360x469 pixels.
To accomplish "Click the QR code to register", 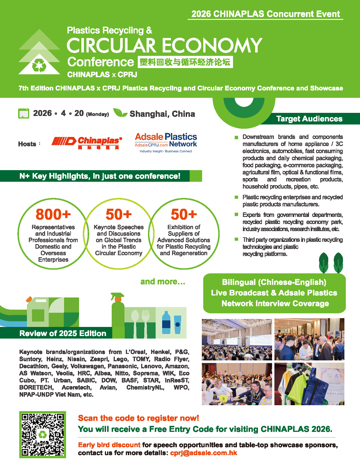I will click(x=43, y=434).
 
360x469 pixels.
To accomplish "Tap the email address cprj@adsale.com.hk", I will click(x=204, y=453).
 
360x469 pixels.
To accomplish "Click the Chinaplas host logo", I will click(x=87, y=143).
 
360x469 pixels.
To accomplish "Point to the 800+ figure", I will click(x=53, y=214).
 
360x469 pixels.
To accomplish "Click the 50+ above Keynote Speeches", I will click(x=118, y=214).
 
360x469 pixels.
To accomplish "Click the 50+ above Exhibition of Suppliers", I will click(x=184, y=214).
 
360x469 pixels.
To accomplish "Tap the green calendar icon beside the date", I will click(x=24, y=113).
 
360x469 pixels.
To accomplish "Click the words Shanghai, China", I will click(x=162, y=114).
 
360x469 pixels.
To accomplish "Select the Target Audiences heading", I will click(x=309, y=119).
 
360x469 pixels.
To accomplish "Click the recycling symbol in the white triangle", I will click(x=39, y=66).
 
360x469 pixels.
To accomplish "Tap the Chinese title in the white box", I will click(x=185, y=62).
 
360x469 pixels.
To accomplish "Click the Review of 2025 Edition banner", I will click(x=63, y=333).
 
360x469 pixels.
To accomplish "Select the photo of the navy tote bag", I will click(x=309, y=384).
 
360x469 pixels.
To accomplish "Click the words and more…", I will click(x=163, y=282).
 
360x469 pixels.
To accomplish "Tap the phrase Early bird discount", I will click(x=109, y=445).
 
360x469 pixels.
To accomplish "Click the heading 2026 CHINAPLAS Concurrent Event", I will click(x=266, y=14).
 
